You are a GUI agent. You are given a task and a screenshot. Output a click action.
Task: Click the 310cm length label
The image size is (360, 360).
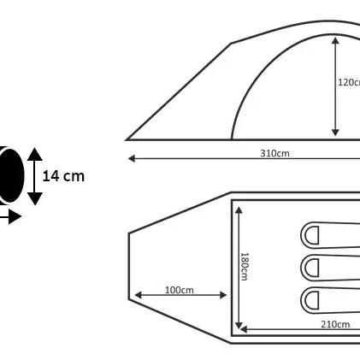[x=274, y=153]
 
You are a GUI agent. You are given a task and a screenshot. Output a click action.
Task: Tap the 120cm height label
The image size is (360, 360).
[x=349, y=82]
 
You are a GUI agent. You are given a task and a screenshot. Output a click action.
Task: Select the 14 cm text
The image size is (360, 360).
[x=63, y=176]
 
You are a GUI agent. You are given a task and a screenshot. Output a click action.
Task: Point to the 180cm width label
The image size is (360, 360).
[x=245, y=267]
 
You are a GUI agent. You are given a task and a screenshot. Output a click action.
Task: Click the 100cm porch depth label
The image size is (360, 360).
[x=180, y=290]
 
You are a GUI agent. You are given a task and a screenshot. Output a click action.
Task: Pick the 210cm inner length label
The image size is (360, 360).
[x=335, y=324]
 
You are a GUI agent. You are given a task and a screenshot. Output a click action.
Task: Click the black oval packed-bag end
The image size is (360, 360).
[x=11, y=175]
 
